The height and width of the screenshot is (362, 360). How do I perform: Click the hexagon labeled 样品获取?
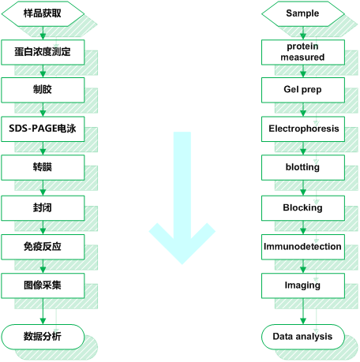tap(43, 13)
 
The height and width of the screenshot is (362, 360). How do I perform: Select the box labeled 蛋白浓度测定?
tap(43, 52)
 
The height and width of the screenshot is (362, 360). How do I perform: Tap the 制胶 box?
tap(43, 90)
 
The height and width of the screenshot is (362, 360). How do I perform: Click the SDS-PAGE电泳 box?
tap(43, 129)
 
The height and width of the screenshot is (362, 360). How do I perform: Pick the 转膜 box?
tap(43, 167)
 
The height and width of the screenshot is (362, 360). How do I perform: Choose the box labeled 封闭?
tap(43, 208)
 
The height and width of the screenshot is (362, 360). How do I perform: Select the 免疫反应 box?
tap(43, 247)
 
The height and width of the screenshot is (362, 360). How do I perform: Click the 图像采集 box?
tap(43, 285)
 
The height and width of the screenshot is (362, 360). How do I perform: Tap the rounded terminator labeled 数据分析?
tap(43, 337)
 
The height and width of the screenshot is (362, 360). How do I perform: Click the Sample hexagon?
tap(303, 13)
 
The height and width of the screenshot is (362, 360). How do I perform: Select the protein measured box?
tap(303, 52)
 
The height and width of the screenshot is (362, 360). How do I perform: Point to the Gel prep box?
tap(303, 90)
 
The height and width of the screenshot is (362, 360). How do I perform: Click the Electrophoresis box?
tap(303, 129)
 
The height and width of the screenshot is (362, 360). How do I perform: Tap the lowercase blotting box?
tap(303, 167)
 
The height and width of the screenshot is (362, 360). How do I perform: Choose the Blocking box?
tap(303, 208)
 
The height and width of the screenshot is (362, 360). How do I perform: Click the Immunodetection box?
tap(303, 247)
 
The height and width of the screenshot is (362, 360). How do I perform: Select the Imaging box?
tap(303, 285)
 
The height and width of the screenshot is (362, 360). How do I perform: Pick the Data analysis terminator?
tap(303, 337)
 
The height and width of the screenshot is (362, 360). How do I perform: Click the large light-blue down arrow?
tap(182, 197)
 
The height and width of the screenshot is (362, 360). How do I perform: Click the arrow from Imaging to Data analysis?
tap(303, 312)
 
